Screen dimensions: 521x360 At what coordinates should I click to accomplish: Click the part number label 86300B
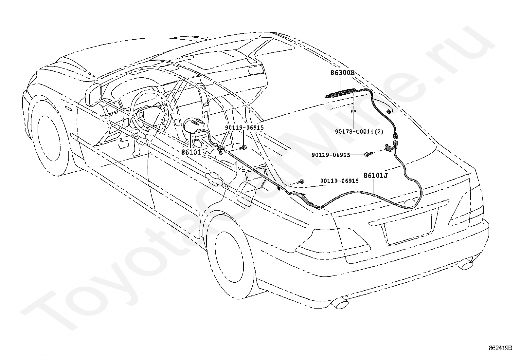(x=342, y=73)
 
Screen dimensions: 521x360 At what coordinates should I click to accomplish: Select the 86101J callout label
(x=376, y=175)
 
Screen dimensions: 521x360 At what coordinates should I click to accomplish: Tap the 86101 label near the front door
(x=191, y=152)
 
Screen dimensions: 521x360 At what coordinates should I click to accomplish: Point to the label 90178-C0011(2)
(x=359, y=132)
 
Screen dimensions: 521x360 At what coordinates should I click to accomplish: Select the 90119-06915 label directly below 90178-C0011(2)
(x=331, y=155)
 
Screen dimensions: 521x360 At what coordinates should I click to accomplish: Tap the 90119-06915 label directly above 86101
(x=244, y=128)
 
